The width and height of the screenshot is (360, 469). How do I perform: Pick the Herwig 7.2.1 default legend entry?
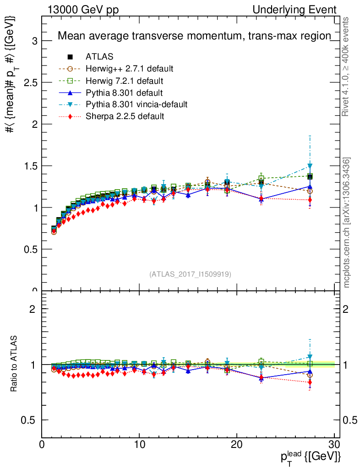click(124, 81)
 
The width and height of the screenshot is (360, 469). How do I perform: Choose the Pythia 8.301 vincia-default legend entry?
click(136, 104)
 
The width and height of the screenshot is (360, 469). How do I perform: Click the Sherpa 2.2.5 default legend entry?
click(125, 116)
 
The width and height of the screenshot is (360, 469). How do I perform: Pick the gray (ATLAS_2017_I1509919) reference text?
click(190, 274)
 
